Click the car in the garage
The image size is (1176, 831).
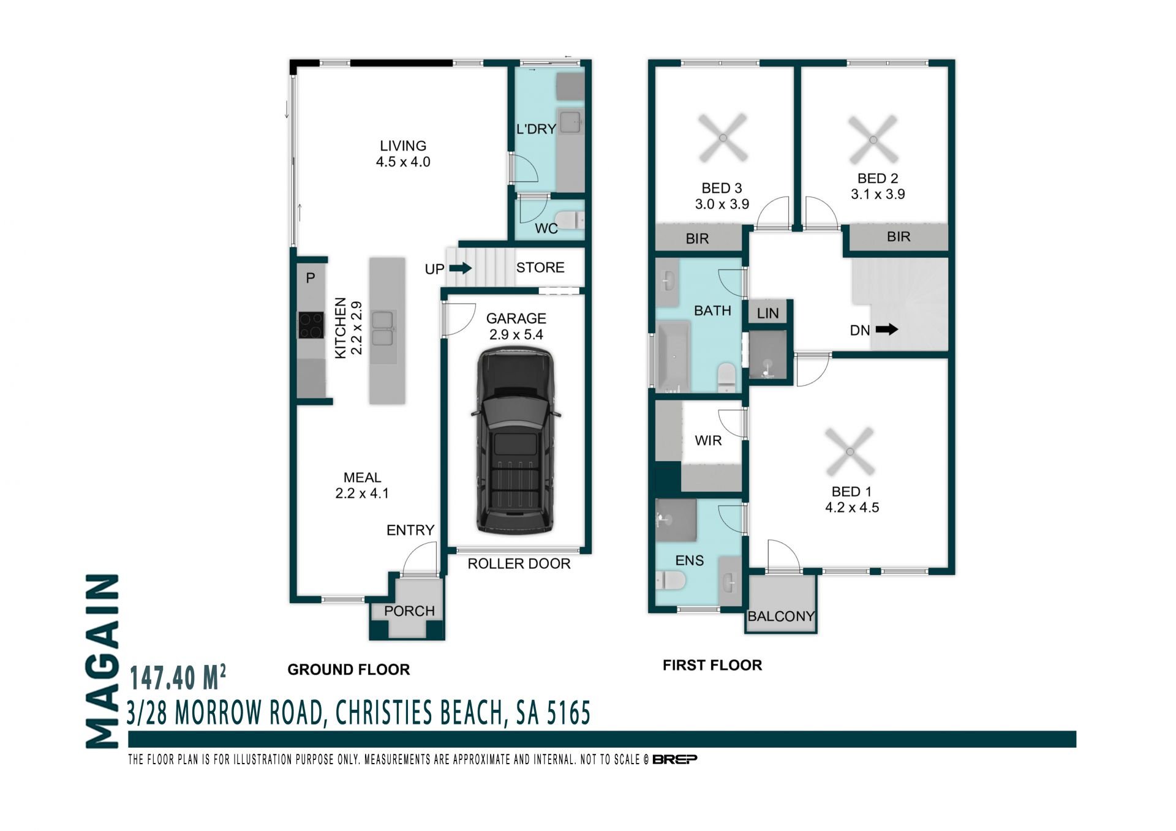pos(515,440)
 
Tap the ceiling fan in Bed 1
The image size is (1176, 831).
pos(850,452)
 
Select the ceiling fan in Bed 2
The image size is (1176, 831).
pos(873,140)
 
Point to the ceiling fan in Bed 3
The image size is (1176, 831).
pos(723,138)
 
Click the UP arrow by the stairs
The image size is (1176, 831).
pos(460,268)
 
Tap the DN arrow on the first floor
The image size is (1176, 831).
pos(886,329)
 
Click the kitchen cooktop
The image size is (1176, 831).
pos(311,325)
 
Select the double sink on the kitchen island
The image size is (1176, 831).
pos(382,329)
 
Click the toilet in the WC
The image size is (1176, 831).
pos(569,220)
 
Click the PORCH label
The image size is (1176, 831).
pos(409,611)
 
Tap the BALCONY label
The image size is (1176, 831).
pos(782,616)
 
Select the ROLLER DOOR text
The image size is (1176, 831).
pos(519,563)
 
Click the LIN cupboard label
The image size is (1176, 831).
pos(767,314)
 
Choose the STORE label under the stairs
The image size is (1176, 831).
pos(540,268)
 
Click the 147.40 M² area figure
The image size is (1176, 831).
pos(178,677)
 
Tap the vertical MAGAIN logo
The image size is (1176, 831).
pos(102,661)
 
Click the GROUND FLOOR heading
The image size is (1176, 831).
pos(349,669)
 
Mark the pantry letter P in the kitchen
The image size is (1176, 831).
pos(311,278)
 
